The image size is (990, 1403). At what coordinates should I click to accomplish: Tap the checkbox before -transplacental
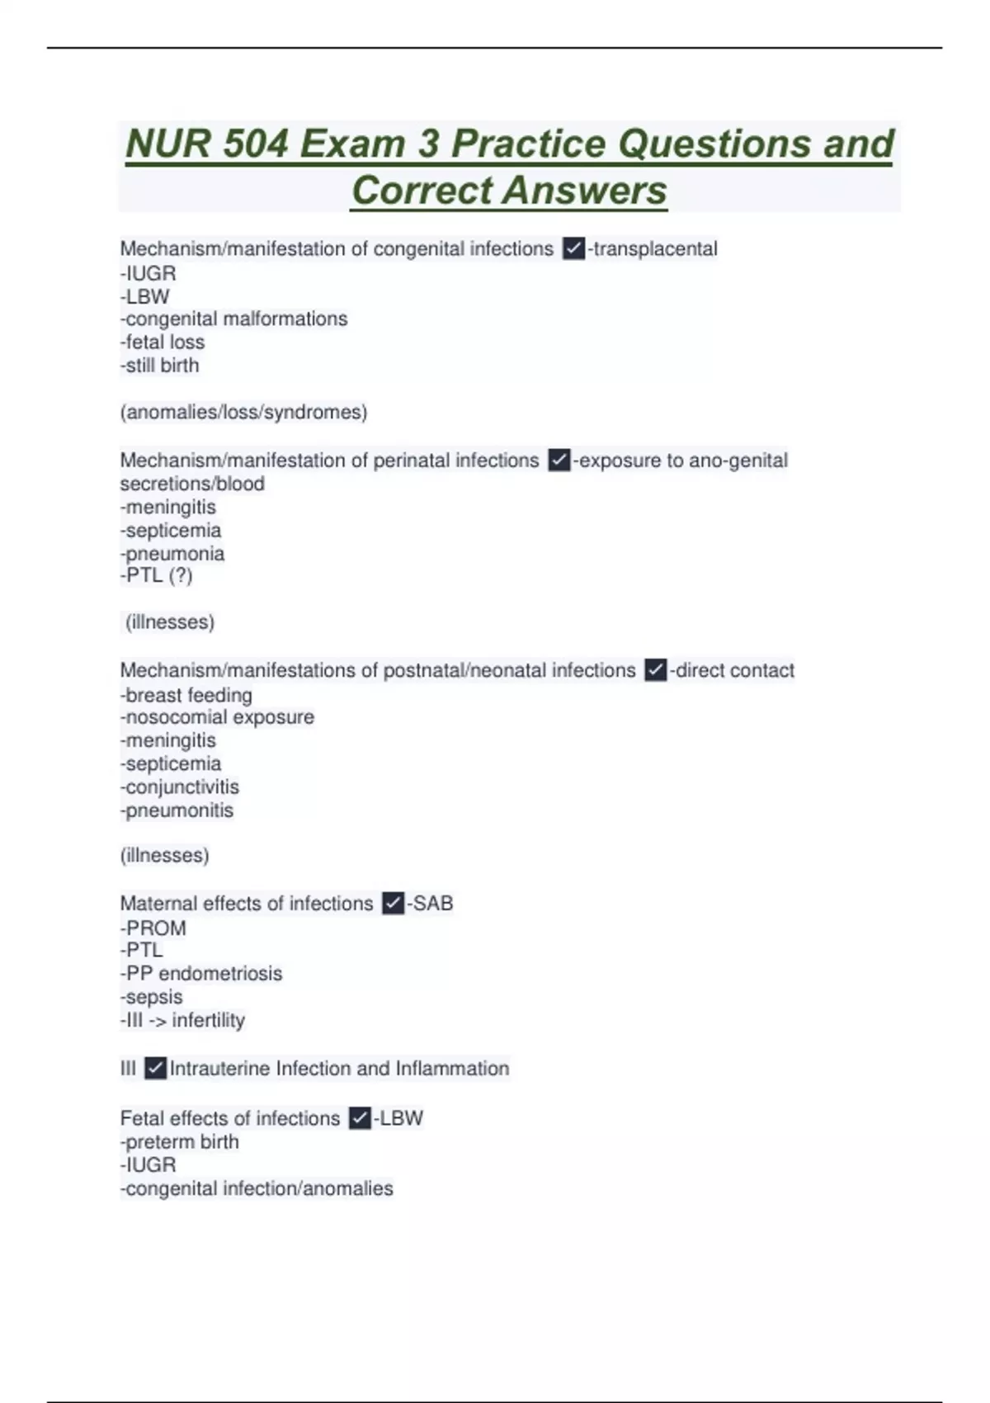coord(573,248)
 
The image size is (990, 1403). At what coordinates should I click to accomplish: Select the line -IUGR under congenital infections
coord(148,273)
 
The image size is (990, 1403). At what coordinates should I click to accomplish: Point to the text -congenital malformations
coord(234,319)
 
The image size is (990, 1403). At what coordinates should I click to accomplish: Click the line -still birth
coord(160,366)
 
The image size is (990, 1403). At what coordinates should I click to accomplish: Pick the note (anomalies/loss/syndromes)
coord(243,412)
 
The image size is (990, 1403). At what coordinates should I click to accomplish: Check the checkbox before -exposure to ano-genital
coord(559,460)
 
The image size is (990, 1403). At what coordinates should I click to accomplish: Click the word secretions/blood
coord(192,484)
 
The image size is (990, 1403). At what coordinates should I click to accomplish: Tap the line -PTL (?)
coord(157,575)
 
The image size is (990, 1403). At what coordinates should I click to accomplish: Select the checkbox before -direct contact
coord(656,670)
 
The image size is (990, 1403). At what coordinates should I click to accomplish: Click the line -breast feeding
coord(186,695)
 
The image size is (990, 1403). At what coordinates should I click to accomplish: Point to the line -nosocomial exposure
coord(217,717)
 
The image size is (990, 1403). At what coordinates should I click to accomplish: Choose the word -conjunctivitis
coord(180,787)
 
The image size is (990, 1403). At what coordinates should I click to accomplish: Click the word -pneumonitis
coord(177,810)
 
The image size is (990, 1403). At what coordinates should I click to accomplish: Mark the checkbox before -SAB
coord(394,904)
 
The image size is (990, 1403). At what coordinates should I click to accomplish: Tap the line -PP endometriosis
coord(201,974)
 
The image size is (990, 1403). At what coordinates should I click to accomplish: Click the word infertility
coord(209,1021)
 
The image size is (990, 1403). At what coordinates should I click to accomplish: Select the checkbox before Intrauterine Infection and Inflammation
coord(155,1069)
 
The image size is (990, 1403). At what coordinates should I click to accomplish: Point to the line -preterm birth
coord(180,1142)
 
